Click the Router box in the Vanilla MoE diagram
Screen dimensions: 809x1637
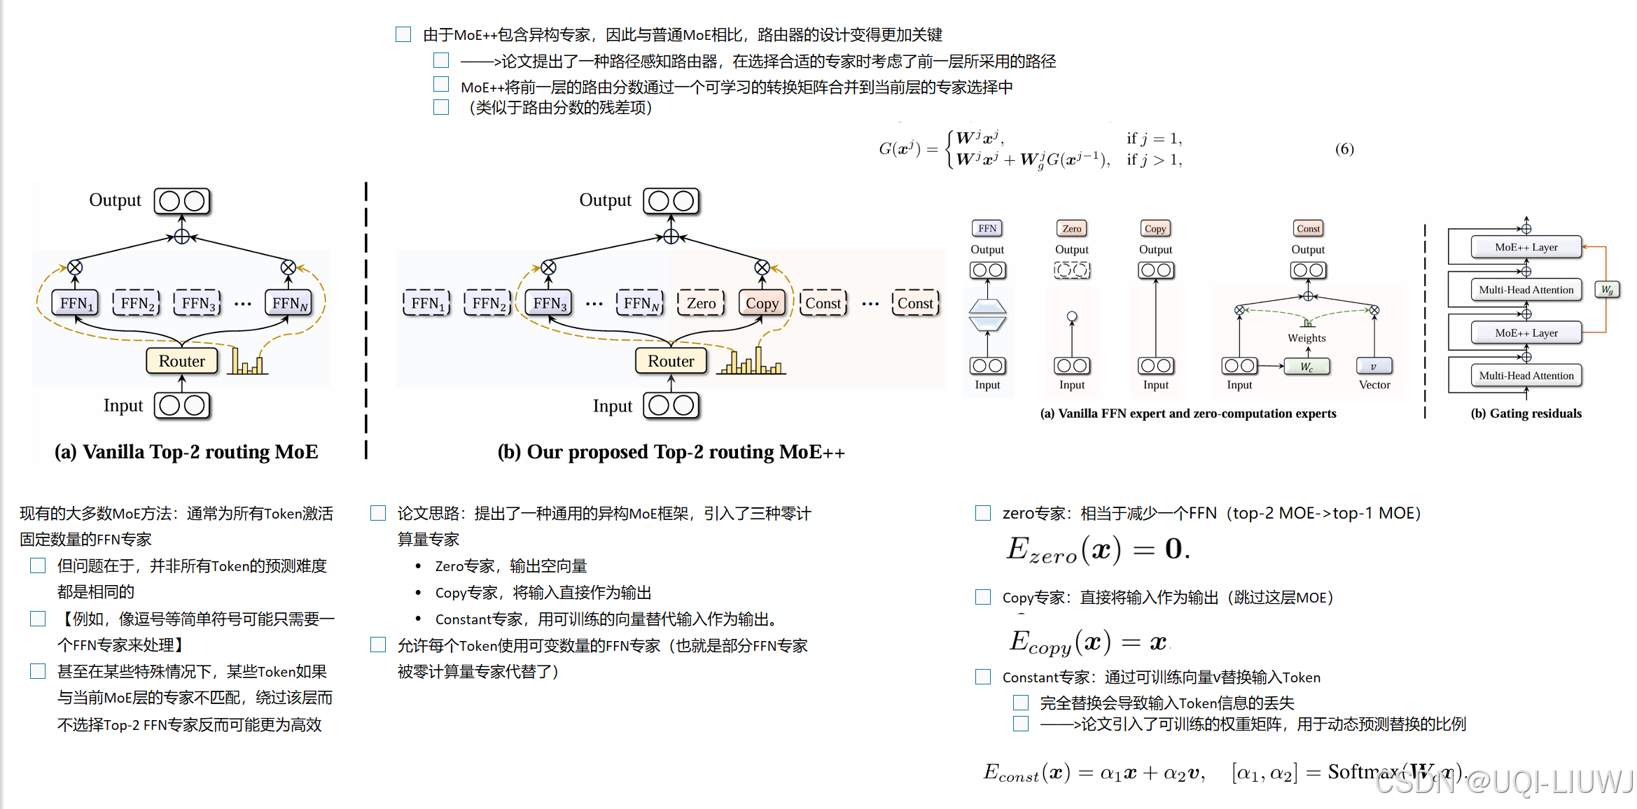[x=181, y=361]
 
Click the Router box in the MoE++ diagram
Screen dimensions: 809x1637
[x=671, y=361]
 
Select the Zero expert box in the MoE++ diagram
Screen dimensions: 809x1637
[x=701, y=303]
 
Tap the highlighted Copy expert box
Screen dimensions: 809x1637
[x=762, y=303]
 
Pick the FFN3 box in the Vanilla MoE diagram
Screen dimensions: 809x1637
[x=198, y=303]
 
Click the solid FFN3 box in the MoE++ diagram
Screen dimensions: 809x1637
[x=550, y=303]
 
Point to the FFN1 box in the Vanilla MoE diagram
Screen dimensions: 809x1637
[x=76, y=303]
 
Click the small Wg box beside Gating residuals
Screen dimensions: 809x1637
[x=1607, y=290]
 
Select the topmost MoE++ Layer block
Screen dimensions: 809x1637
[x=1526, y=247]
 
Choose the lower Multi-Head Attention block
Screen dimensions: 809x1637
[x=1526, y=376]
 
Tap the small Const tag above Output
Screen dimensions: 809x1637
[x=1308, y=229]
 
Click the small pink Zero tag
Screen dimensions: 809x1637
[x=1071, y=229]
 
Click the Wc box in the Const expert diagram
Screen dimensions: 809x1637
[x=1307, y=366]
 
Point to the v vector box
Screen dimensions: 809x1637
[x=1374, y=366]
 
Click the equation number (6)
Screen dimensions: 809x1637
[x=1344, y=148]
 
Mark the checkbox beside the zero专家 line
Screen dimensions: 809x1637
[x=983, y=514]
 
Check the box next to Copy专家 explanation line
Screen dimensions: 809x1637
[x=983, y=598]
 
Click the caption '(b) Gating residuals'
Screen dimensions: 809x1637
[x=1526, y=414]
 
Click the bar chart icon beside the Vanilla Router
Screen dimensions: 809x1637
[x=248, y=362]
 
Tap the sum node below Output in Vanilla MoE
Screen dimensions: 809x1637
[x=181, y=237]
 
